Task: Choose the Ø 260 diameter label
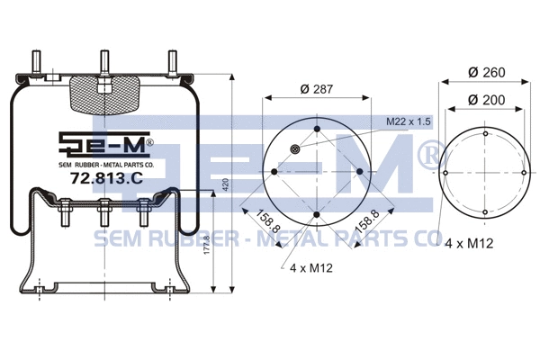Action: [x=486, y=72]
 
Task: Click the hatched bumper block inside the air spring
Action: [x=104, y=93]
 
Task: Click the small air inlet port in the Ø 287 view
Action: [x=296, y=149]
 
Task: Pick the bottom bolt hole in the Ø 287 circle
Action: [x=317, y=214]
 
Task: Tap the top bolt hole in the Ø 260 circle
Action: [x=485, y=134]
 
